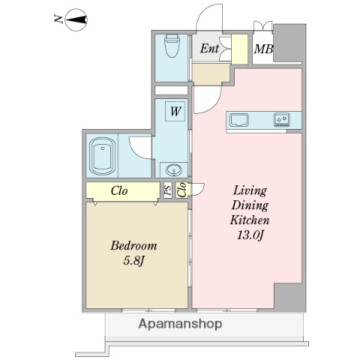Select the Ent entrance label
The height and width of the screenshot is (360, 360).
(x=209, y=49)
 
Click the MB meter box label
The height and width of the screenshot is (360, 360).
(x=262, y=50)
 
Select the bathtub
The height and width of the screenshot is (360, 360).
(x=101, y=154)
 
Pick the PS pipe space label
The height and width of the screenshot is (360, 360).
(x=168, y=190)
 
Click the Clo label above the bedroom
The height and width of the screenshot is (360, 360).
(x=119, y=190)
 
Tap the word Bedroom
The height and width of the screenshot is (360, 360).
(x=133, y=245)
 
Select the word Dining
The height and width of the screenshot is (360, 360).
(x=248, y=206)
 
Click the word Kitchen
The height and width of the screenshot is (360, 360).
(x=248, y=221)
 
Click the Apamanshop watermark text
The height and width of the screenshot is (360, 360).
(x=181, y=324)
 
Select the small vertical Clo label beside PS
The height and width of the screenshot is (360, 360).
(x=182, y=190)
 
